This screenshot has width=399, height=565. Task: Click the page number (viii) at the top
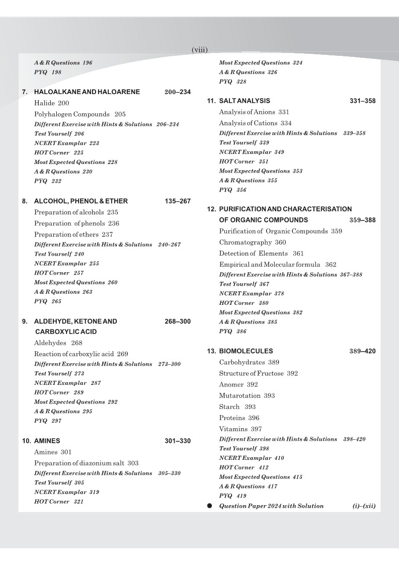(x=200, y=50)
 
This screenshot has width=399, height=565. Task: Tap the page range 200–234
(x=178, y=92)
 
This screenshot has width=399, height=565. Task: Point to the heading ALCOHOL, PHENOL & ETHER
(x=81, y=201)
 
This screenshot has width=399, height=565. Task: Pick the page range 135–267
(x=178, y=201)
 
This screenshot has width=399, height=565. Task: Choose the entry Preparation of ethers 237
(x=73, y=234)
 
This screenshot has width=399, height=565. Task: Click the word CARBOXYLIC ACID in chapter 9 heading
(x=66, y=332)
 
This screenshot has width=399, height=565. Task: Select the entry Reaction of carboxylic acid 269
(x=81, y=354)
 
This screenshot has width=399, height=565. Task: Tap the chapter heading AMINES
(x=47, y=441)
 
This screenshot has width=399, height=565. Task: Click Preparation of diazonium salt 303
(x=86, y=463)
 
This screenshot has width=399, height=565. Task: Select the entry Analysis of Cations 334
(x=255, y=123)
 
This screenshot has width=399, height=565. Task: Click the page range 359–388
(x=362, y=220)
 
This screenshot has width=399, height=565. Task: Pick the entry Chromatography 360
(x=253, y=243)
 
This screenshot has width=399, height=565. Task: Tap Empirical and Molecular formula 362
(x=278, y=265)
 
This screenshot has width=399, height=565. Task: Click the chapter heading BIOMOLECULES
(x=246, y=351)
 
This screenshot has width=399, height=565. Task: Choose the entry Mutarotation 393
(x=247, y=396)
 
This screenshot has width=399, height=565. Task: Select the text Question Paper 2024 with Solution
(x=271, y=506)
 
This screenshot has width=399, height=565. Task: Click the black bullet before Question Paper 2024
(x=209, y=506)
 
